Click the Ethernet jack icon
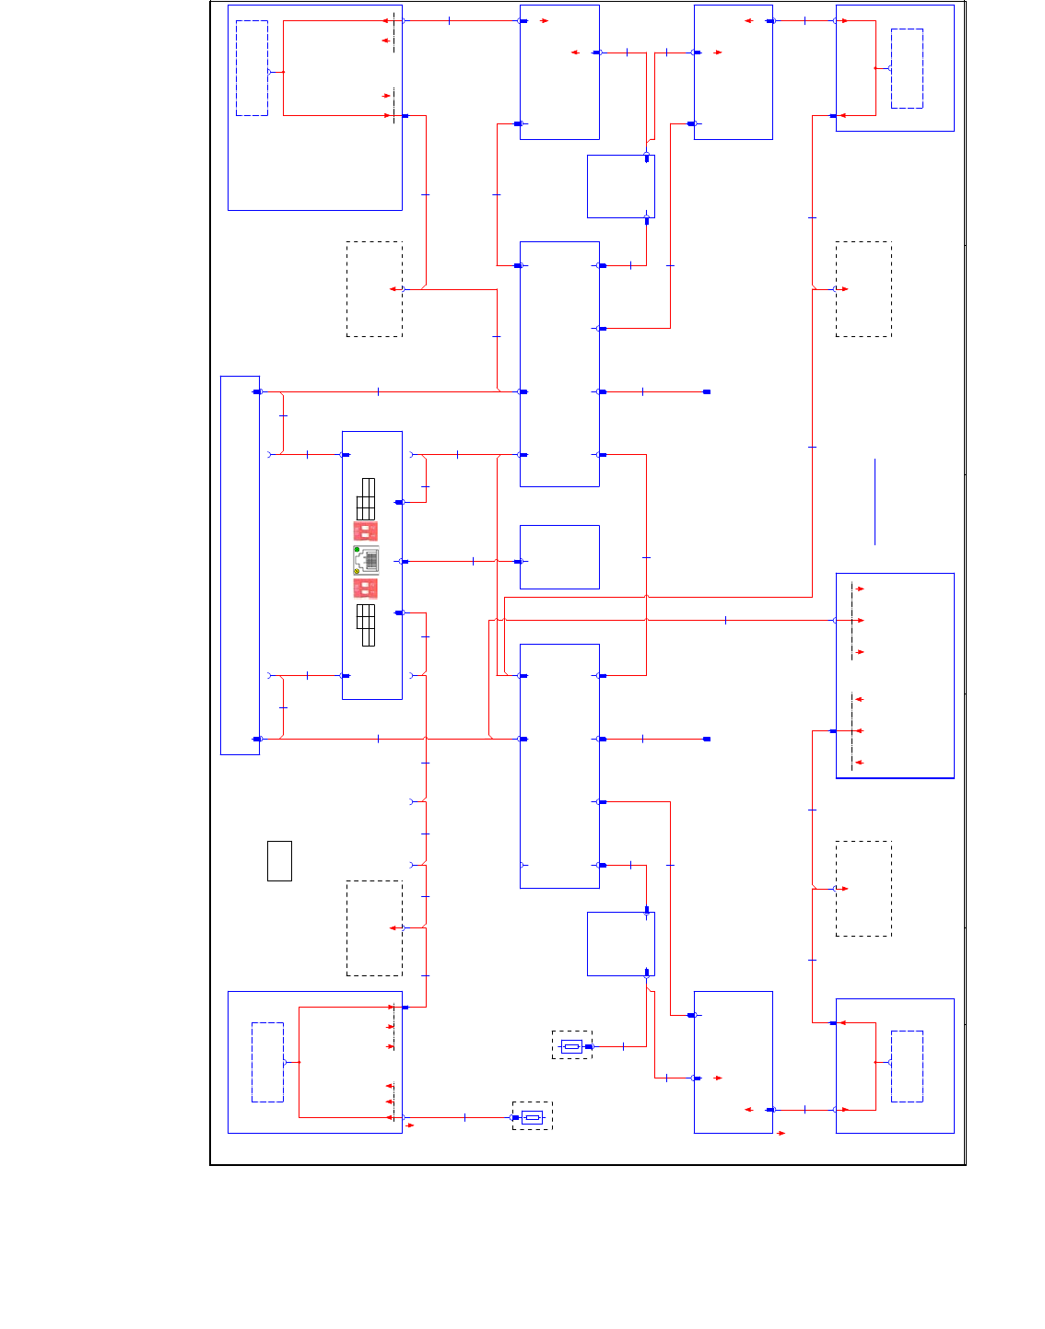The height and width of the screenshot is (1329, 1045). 366,560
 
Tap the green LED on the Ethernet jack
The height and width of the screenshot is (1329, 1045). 357,550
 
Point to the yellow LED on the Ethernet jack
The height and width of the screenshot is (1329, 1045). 357,571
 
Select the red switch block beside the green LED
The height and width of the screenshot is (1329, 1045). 365,531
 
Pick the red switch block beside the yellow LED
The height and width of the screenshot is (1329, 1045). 365,589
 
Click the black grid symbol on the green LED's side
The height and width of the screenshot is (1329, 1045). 366,498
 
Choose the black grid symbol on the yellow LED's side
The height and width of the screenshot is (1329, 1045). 366,625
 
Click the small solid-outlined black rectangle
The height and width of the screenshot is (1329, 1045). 279,861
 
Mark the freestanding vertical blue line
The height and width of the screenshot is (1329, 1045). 875,502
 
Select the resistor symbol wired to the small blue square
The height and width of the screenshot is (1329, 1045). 571,1045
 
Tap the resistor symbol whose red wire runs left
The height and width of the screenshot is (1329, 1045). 532,1117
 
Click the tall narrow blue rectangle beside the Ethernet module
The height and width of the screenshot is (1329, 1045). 240,565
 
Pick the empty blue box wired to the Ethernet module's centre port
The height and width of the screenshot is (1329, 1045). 559,557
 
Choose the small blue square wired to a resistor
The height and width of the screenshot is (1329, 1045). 621,944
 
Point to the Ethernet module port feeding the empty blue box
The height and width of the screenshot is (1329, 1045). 404,561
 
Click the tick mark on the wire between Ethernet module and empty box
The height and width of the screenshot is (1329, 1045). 473,561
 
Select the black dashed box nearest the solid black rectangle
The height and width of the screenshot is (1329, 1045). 374,928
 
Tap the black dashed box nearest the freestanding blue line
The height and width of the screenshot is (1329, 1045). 863,289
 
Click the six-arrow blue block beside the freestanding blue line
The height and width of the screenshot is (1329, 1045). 895,676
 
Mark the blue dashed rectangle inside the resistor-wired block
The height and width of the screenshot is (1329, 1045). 267,1062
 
